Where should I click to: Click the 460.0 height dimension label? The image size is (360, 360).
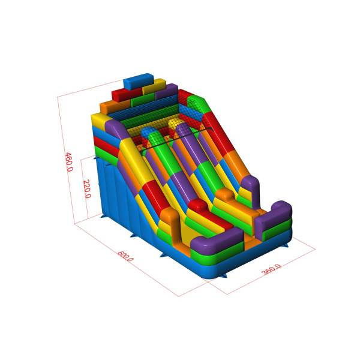[x=69, y=162]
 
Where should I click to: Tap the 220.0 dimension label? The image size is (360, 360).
[x=87, y=189]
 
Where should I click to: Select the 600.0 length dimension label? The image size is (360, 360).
[x=125, y=256]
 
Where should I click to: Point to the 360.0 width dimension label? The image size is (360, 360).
[x=271, y=269]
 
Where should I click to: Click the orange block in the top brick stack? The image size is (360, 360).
[x=115, y=107]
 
